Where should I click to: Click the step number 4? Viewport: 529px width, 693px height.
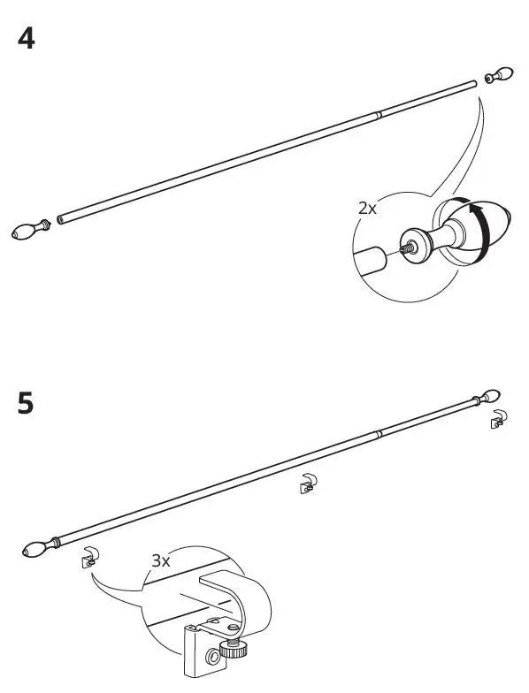coord(27,40)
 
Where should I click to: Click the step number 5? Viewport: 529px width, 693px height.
coord(27,404)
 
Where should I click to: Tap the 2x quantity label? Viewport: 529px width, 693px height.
coord(366,209)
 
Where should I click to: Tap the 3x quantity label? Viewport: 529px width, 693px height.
coord(161,560)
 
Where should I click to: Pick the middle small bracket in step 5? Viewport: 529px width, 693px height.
coord(307,483)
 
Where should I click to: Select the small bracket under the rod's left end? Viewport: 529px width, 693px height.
coord(89,557)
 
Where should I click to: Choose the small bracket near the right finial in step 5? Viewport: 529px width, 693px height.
coord(500,419)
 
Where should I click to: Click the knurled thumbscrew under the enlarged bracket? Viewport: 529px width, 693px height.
coord(236,652)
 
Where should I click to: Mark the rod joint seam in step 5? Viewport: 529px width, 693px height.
coord(379,433)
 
